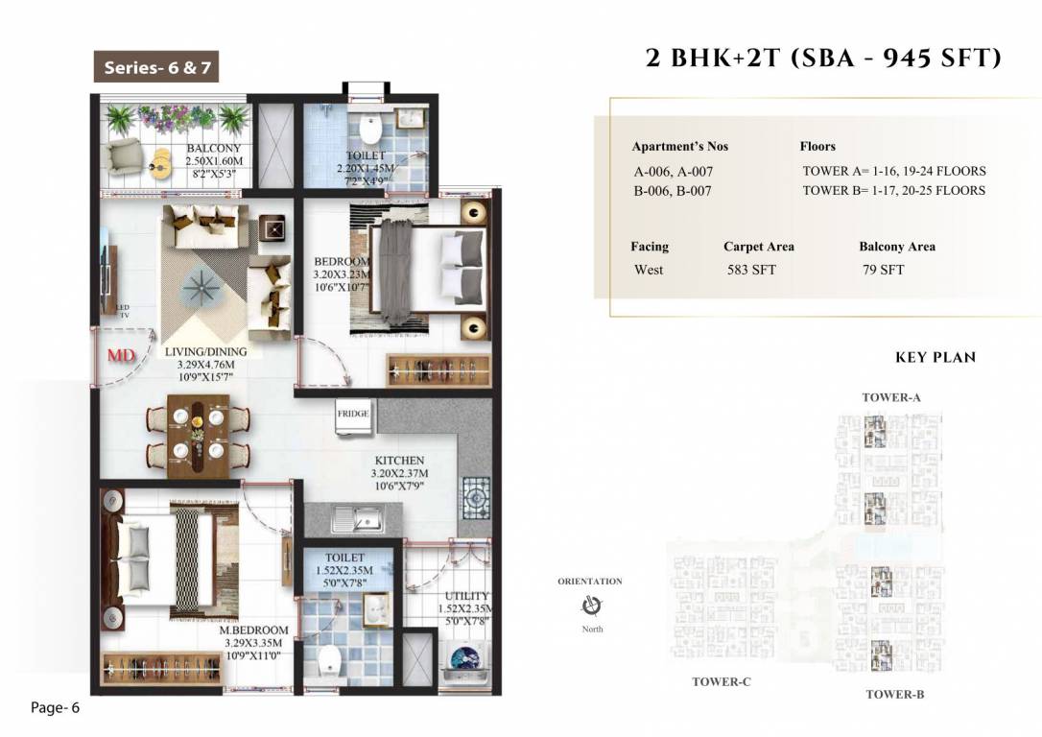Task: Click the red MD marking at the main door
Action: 120,356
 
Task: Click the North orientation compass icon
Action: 592,606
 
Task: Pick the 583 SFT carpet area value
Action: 751,270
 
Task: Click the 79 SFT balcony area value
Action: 883,270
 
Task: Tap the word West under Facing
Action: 649,270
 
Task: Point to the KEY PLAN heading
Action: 935,358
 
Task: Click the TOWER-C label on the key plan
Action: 721,682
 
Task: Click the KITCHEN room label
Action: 399,461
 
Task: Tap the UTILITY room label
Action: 466,596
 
